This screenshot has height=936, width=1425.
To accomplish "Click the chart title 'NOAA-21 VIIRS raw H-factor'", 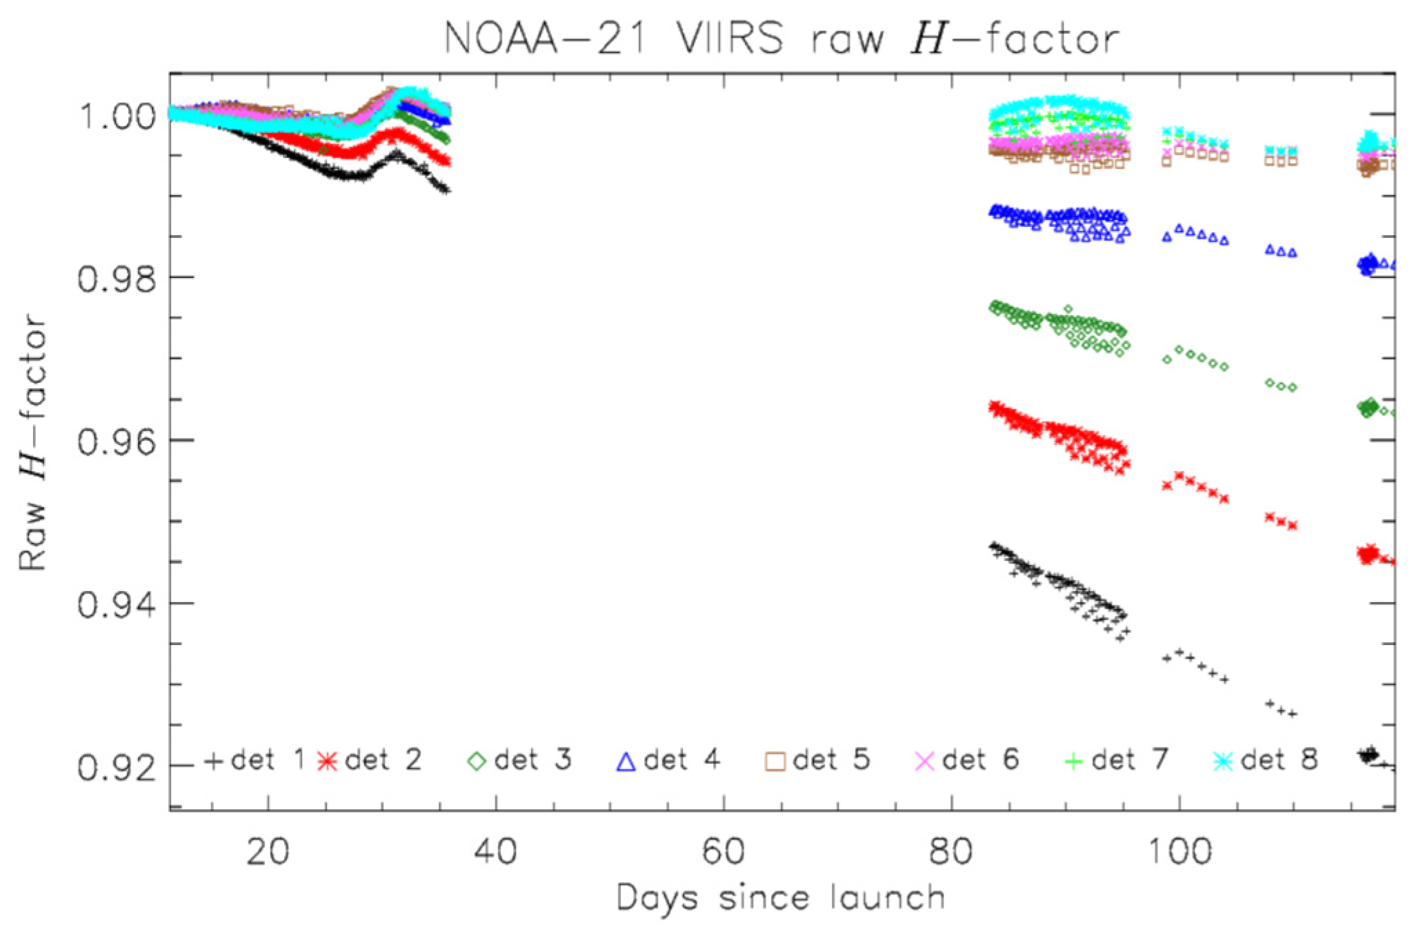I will [781, 38].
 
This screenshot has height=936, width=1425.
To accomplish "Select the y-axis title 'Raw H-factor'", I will [32, 441].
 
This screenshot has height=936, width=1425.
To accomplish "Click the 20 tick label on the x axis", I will [268, 851].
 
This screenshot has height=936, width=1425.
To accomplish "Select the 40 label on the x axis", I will [495, 851].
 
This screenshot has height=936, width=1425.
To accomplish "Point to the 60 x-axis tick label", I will [723, 851].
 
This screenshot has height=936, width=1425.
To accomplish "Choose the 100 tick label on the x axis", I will [1179, 851].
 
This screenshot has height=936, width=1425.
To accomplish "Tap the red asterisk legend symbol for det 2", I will [328, 761].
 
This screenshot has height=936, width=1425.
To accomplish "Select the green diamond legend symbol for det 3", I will [477, 761].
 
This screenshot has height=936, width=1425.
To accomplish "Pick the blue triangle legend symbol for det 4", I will [626, 761].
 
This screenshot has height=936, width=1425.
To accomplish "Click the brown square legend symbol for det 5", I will [775, 761].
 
